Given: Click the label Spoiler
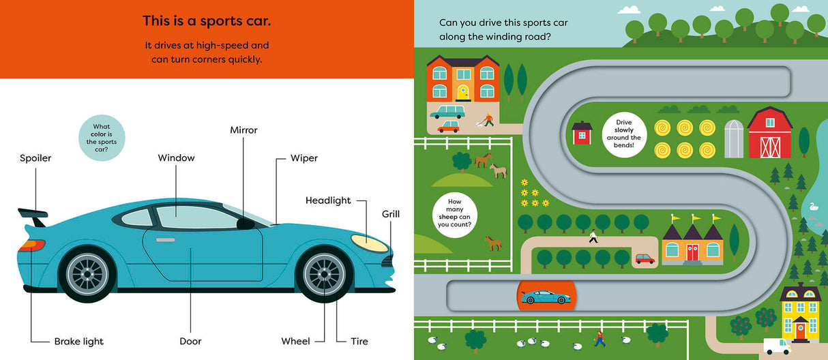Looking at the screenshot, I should (35, 158).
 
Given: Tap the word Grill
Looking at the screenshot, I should (390, 214).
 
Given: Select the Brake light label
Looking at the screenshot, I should (79, 341).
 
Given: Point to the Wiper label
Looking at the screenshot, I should (304, 158).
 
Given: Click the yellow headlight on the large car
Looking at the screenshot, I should (368, 239).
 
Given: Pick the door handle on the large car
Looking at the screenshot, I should (165, 240).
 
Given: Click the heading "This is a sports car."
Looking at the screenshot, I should (207, 21).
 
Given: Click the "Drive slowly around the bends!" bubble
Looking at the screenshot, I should (623, 134).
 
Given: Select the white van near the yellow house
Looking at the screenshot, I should (776, 346).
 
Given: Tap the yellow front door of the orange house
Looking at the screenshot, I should (462, 93).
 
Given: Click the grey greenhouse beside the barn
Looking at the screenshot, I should (733, 139).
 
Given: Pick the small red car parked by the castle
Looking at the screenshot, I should (645, 258).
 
